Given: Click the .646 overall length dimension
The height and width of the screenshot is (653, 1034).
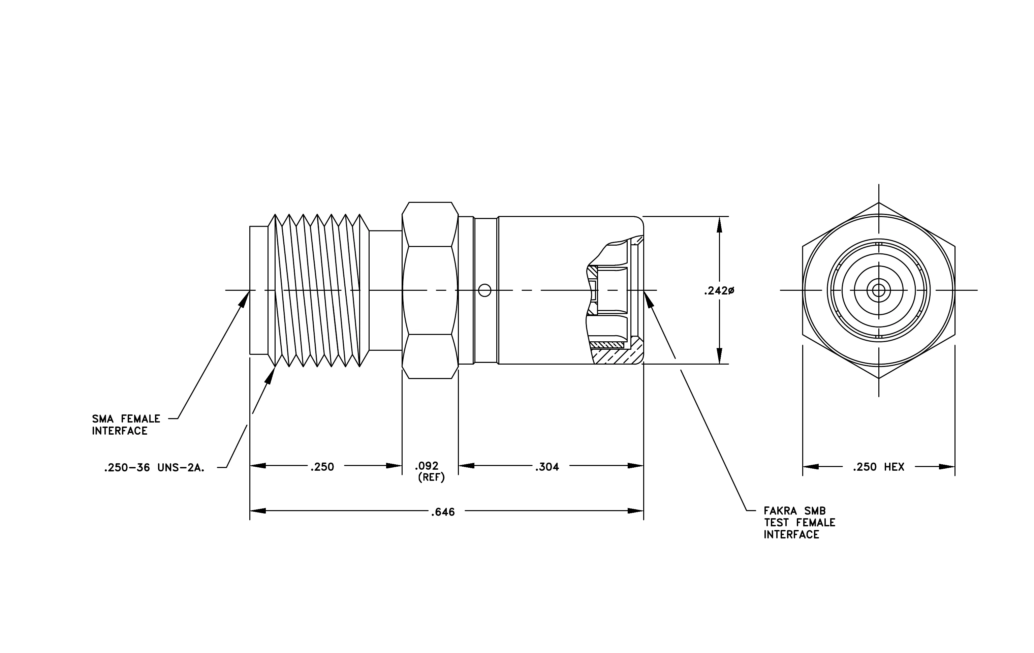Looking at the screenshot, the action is pos(443,512).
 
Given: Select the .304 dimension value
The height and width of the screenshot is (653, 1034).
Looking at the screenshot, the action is pos(547,467).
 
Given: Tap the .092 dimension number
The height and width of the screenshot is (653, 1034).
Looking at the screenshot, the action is pos(427,466).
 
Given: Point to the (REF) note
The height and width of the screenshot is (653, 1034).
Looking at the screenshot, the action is pos(431,477).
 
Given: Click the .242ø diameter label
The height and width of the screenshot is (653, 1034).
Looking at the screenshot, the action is pos(719,291).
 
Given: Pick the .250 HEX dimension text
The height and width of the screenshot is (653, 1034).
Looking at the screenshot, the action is pos(879,467).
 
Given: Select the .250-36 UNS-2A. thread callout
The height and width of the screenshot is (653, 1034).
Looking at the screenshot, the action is pos(154,468).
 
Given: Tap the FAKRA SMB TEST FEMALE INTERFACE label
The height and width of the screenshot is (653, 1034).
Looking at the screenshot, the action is pos(800,523).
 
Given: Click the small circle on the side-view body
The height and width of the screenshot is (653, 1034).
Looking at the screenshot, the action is pos(484,291).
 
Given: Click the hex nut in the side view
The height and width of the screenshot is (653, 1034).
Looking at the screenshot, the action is pos(430,290).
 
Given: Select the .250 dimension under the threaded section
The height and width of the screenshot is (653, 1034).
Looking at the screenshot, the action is pos(322,467).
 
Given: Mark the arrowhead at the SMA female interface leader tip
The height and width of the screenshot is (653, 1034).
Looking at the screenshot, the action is pos(246,298).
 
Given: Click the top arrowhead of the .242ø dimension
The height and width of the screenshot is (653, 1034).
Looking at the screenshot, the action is pos(720,224).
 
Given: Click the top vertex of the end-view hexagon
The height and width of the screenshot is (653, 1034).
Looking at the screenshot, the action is pos(879,202).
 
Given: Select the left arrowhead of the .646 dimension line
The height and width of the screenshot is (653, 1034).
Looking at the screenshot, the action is pos(258,511).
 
